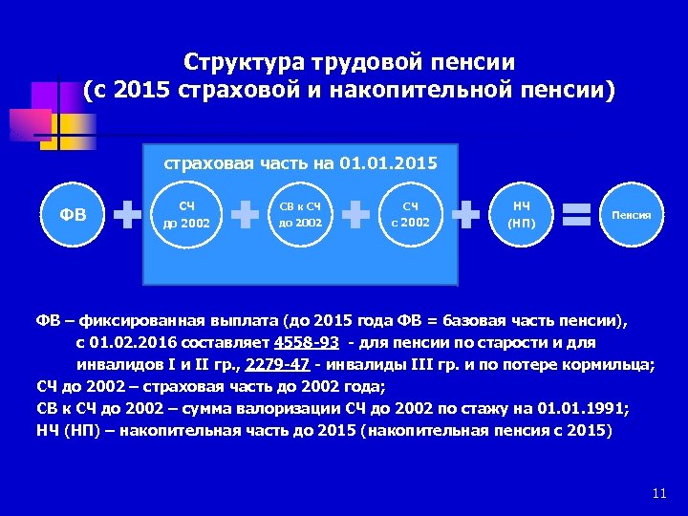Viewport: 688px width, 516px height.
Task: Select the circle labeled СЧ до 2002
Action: pos(187,215)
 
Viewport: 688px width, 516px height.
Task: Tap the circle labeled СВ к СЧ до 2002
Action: pos(300,215)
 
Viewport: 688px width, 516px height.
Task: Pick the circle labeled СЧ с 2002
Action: pos(410,215)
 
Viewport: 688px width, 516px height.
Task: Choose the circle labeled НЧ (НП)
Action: pos(521,215)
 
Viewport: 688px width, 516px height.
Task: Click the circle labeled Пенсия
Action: pos(632,215)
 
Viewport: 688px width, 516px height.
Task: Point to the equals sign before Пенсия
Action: pos(576,215)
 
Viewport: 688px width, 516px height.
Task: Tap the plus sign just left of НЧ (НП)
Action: pos(465,215)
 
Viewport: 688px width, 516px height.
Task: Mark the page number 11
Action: pos(657,493)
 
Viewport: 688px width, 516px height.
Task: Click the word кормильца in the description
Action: pos(608,364)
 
